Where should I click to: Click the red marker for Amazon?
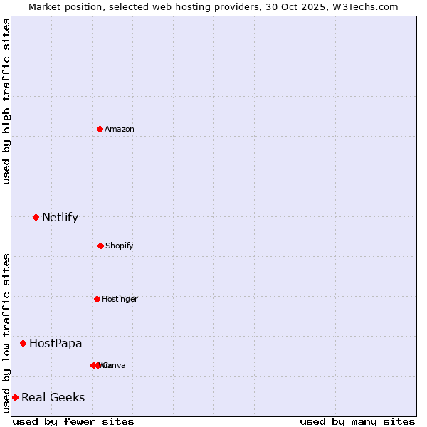(x=100, y=129)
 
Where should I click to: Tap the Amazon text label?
(x=120, y=129)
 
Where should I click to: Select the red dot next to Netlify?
(x=36, y=217)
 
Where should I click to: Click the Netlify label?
(x=60, y=217)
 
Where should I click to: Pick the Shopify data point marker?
(x=100, y=246)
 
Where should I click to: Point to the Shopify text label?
(x=120, y=246)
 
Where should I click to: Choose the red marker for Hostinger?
(x=97, y=299)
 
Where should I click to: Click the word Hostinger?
(x=120, y=299)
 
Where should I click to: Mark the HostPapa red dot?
(x=23, y=343)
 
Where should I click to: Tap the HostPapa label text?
(x=56, y=343)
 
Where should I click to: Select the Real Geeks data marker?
(x=15, y=397)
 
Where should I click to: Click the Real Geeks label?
(x=53, y=397)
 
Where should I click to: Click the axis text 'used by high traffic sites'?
(x=6, y=101)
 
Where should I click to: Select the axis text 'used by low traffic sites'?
(x=6, y=333)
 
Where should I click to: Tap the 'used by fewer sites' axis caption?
(x=73, y=421)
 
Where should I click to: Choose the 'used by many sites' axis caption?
(x=357, y=421)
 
